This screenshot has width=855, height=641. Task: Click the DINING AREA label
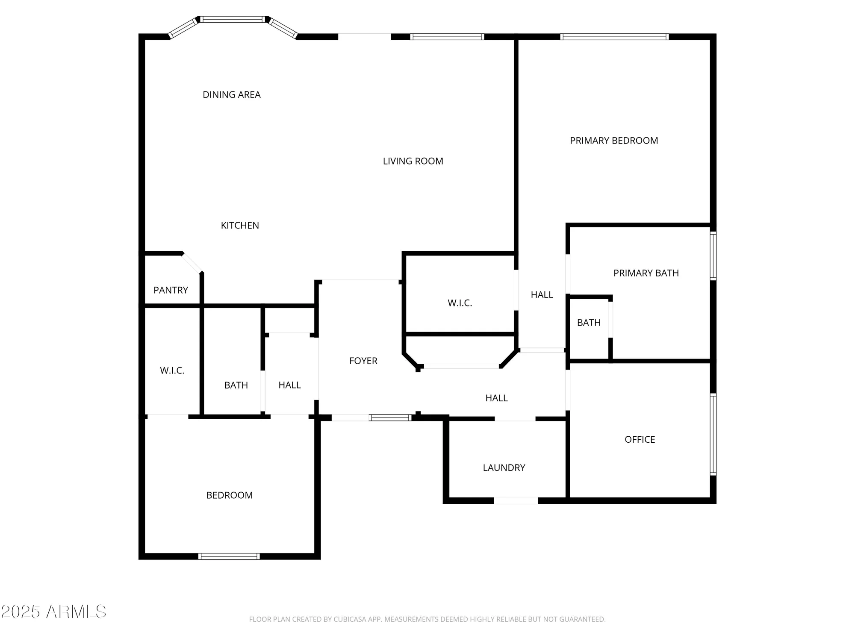click(x=231, y=95)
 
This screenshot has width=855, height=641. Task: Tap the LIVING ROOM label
click(x=413, y=162)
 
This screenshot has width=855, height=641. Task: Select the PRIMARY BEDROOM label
click(x=613, y=141)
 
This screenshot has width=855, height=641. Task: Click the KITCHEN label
click(x=239, y=226)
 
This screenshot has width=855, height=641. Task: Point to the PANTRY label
click(x=171, y=291)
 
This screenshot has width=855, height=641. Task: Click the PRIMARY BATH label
click(x=646, y=273)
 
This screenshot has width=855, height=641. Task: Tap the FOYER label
click(x=363, y=361)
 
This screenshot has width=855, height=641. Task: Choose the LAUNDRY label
click(x=504, y=468)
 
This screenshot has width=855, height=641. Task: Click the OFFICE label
click(x=640, y=440)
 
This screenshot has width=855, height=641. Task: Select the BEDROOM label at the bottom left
click(x=229, y=495)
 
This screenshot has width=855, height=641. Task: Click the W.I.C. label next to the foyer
click(x=460, y=303)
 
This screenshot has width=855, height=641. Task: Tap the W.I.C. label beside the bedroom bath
click(x=172, y=371)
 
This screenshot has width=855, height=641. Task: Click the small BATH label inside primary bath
click(x=589, y=323)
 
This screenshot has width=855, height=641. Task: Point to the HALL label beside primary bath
click(x=542, y=295)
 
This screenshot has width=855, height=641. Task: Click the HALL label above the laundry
click(x=496, y=398)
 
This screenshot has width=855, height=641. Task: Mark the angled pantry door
click(x=192, y=263)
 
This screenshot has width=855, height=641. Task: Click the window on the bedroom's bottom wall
click(x=229, y=556)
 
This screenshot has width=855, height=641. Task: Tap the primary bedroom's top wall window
click(x=614, y=37)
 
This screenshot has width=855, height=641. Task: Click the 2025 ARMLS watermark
click(x=53, y=612)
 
